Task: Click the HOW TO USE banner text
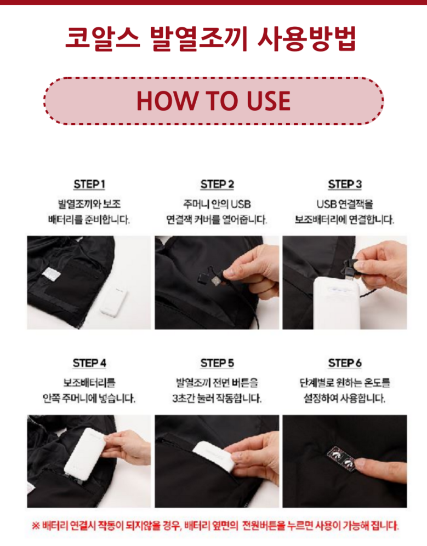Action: coord(213,101)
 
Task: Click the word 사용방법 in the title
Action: coord(307,38)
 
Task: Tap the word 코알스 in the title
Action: coord(103,38)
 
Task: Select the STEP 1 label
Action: coord(89,184)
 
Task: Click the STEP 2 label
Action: coord(217,184)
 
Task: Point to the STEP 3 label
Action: coord(345,184)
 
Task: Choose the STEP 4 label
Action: coord(89,363)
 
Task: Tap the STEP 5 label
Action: coord(217,363)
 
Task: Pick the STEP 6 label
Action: coord(345,363)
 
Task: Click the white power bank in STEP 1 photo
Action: coord(113,300)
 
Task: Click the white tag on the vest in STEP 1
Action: coord(52,274)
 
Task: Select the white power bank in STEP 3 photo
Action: coord(336,302)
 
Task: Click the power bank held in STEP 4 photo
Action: coord(84,454)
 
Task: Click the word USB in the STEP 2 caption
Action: coord(241,204)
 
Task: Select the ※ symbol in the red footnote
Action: coord(36,525)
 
